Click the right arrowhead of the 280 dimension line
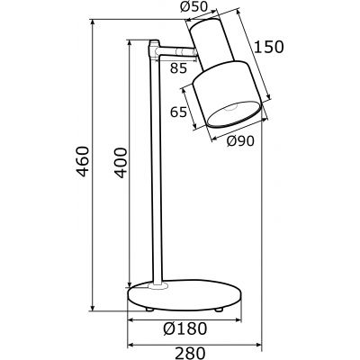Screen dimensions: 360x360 261,346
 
